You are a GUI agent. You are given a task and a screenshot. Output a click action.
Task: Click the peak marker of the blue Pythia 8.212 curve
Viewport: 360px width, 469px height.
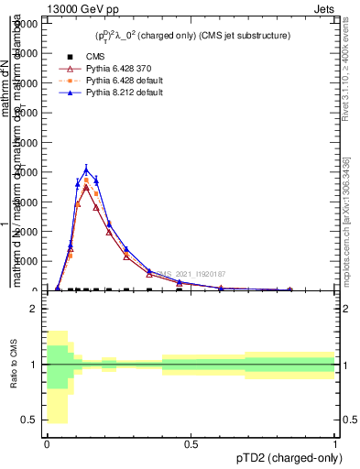(86, 169)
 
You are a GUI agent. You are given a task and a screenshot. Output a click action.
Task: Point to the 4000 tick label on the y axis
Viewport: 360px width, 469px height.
(27, 172)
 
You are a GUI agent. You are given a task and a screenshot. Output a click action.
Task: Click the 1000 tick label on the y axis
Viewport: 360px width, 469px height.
(27, 261)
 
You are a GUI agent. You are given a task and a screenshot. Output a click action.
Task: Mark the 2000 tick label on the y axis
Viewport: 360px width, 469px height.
(27, 232)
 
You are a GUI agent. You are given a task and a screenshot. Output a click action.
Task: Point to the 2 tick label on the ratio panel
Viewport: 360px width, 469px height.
(32, 310)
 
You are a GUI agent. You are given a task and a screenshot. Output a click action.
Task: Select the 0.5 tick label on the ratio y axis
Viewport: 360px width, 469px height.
(29, 420)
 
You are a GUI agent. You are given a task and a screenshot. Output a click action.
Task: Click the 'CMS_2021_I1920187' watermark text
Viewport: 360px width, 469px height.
(190, 274)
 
